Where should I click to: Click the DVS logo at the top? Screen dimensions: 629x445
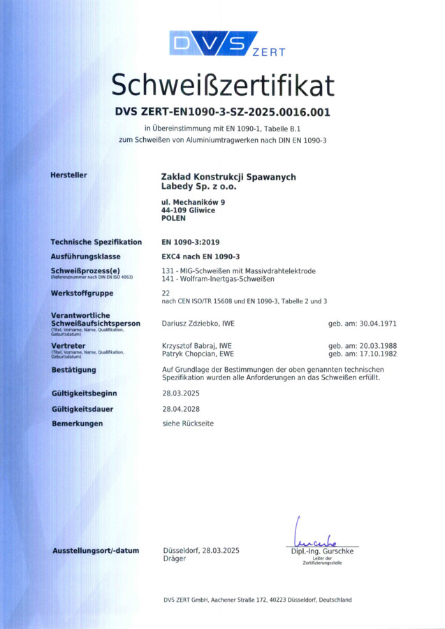click(213, 43)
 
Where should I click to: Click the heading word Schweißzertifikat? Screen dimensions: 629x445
click(222, 85)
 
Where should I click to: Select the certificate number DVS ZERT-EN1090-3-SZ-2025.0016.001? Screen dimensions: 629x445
click(222, 112)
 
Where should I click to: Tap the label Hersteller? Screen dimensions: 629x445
click(68, 175)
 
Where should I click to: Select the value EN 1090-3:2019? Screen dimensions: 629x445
click(190, 242)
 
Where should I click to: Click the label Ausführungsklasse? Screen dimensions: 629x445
click(87, 256)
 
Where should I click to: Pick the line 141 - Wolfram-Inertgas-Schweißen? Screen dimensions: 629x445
click(217, 279)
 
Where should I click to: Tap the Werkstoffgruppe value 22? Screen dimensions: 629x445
click(166, 293)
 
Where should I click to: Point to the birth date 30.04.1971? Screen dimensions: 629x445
click(386, 324)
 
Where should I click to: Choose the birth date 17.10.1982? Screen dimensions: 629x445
click(386, 354)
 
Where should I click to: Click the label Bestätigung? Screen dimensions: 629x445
click(73, 370)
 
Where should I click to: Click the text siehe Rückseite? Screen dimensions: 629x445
click(188, 424)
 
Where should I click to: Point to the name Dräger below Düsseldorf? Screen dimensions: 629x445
click(174, 559)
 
